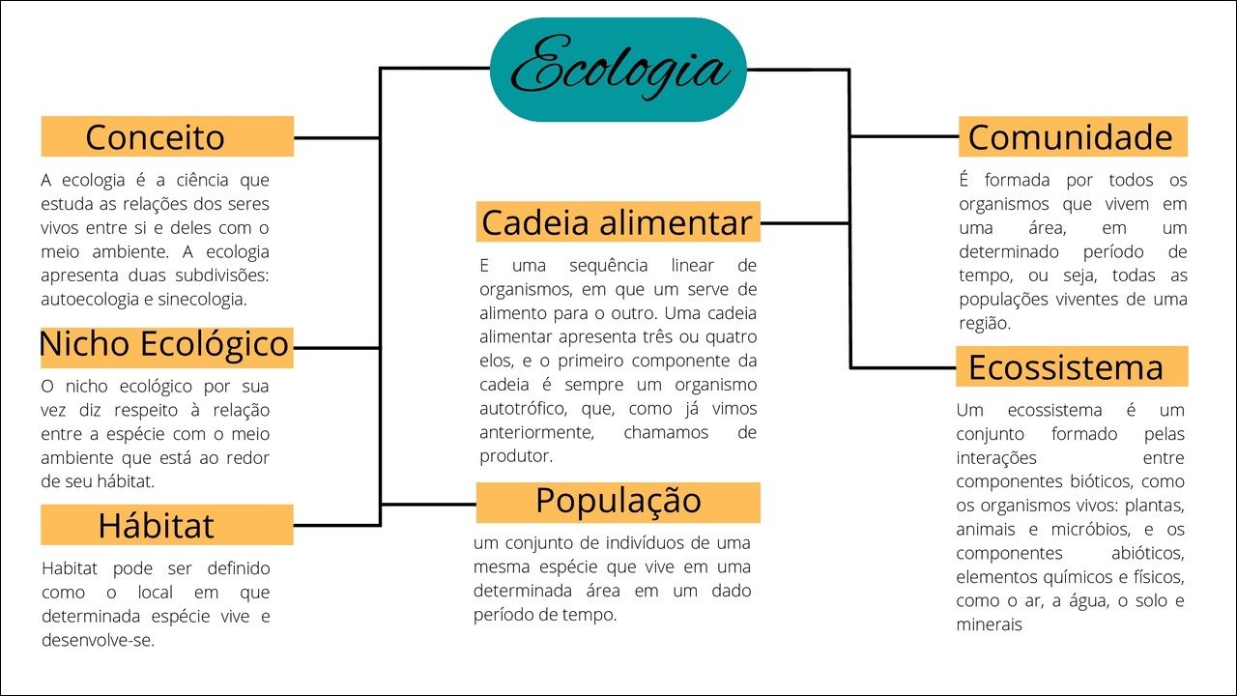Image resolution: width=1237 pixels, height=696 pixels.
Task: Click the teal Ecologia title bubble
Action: click(618, 70)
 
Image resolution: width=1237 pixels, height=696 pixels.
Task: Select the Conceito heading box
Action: click(167, 136)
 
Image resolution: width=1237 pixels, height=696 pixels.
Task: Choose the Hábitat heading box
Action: click(167, 525)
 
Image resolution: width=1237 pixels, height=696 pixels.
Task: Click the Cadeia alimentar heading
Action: click(618, 222)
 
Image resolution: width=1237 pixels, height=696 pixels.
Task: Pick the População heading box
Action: click(618, 503)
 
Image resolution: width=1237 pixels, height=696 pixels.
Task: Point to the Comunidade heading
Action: click(1073, 136)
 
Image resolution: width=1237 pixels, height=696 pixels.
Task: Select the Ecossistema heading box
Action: click(1072, 366)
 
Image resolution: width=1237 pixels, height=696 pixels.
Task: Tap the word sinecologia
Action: click(202, 300)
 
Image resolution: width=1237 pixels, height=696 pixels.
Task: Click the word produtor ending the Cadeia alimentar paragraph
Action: click(516, 456)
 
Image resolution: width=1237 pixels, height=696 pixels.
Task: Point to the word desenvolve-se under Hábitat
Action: click(98, 640)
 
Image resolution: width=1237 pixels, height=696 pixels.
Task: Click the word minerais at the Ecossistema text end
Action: click(989, 624)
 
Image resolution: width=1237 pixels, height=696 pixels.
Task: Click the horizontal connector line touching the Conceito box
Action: click(337, 137)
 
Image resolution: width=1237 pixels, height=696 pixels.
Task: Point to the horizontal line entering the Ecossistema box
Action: click(904, 367)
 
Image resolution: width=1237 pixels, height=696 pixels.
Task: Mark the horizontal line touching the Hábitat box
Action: click(337, 525)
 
